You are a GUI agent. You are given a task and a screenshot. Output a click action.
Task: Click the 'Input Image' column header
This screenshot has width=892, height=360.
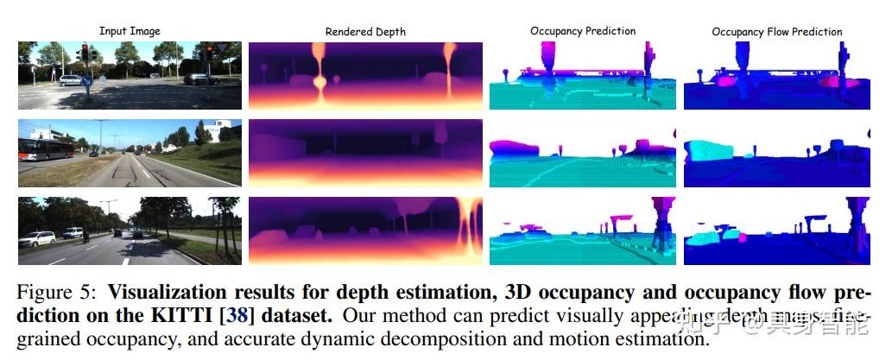tap(130, 31)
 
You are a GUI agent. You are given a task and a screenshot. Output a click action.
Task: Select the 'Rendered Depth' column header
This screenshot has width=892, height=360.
tap(365, 32)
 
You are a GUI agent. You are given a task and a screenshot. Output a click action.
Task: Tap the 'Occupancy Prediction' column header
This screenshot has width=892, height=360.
tap(584, 31)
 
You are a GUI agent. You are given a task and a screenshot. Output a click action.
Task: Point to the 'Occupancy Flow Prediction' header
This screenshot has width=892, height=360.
tap(777, 32)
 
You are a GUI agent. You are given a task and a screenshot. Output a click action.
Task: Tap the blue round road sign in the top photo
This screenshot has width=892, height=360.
tap(87, 81)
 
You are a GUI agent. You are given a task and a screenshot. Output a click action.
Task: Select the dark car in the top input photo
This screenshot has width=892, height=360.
tap(200, 79)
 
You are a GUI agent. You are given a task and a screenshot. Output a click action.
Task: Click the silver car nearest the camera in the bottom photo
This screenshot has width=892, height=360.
tap(36, 239)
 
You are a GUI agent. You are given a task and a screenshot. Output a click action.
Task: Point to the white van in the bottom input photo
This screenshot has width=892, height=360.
tap(73, 232)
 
